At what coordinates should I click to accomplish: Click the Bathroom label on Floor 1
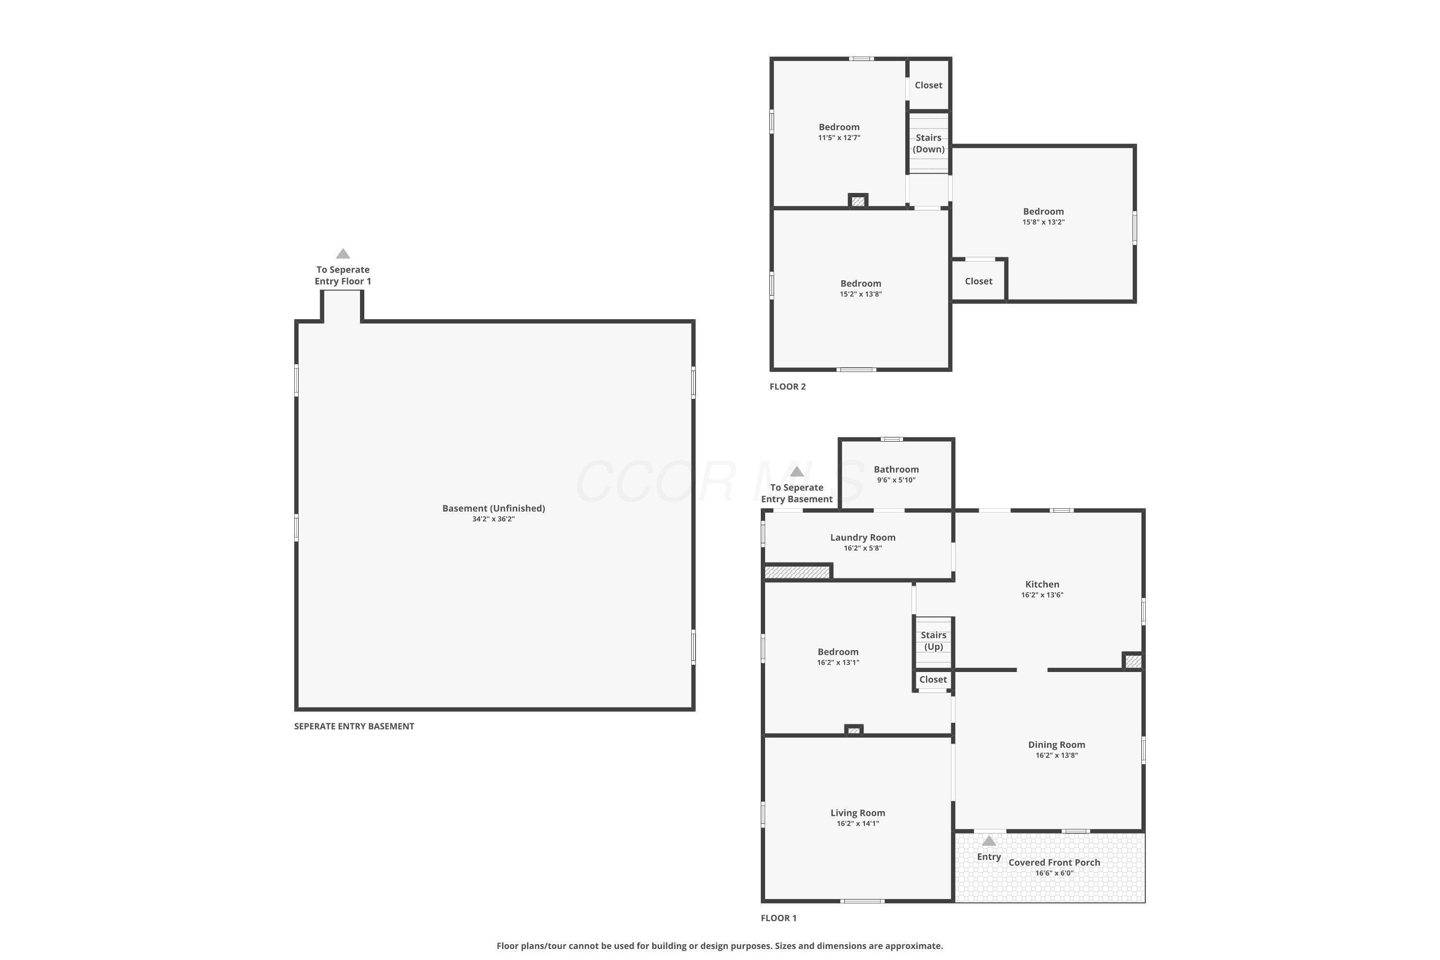coord(896,469)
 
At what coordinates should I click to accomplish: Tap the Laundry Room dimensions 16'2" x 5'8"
coord(863,548)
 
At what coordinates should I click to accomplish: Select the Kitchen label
coord(1042,584)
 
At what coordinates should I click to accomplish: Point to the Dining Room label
coord(1056,744)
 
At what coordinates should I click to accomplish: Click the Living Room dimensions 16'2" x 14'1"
coord(858,824)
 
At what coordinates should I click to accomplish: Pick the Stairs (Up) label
coord(933,640)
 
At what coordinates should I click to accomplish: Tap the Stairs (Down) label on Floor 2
coord(928,143)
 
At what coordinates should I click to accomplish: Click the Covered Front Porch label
coord(1054,862)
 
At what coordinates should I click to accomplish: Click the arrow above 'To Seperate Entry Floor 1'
coord(343,253)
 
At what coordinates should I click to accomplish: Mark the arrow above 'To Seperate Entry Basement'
coord(796,471)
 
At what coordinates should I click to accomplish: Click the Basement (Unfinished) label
coord(493,508)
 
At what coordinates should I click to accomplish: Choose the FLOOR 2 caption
coord(787,386)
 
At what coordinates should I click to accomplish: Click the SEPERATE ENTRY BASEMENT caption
coord(354,726)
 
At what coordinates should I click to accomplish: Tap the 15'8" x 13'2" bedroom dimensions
coord(1043,222)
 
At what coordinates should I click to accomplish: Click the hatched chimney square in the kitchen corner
coord(1133,661)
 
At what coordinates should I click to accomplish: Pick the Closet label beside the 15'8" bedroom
coord(978,281)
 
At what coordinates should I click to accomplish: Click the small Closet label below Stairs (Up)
coord(933,680)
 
